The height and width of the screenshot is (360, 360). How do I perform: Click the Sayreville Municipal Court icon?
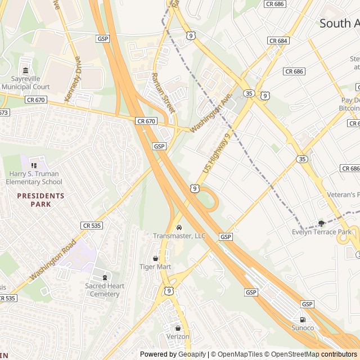[25, 70]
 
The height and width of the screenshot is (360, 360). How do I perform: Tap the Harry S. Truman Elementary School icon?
[33, 165]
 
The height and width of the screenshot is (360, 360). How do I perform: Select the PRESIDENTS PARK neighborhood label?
[40, 196]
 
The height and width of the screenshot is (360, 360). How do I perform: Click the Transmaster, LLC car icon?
[179, 227]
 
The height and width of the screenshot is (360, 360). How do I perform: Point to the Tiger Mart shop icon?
[155, 258]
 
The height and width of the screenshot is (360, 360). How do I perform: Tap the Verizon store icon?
[178, 328]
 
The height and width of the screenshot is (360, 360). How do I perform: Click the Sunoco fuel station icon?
[303, 319]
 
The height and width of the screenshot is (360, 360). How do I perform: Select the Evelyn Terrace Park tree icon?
[321, 223]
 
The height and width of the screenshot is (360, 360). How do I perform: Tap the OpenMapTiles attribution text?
[236, 354]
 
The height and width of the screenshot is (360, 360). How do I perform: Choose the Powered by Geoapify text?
[173, 354]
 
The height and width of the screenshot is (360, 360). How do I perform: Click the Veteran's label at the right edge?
[343, 195]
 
